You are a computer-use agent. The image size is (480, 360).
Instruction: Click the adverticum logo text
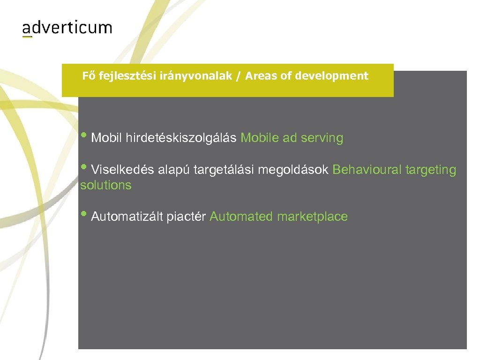pyautogui.click(x=67, y=28)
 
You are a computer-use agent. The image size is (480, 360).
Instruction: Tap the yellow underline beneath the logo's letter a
pyautogui.click(x=27, y=37)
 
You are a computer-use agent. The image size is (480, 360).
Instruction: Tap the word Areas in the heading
pyautogui.click(x=261, y=76)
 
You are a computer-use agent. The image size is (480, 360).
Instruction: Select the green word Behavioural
pyautogui.click(x=367, y=170)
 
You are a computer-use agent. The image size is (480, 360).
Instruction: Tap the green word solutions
pyautogui.click(x=105, y=185)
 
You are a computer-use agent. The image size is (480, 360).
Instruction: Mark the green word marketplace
pyautogui.click(x=312, y=217)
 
